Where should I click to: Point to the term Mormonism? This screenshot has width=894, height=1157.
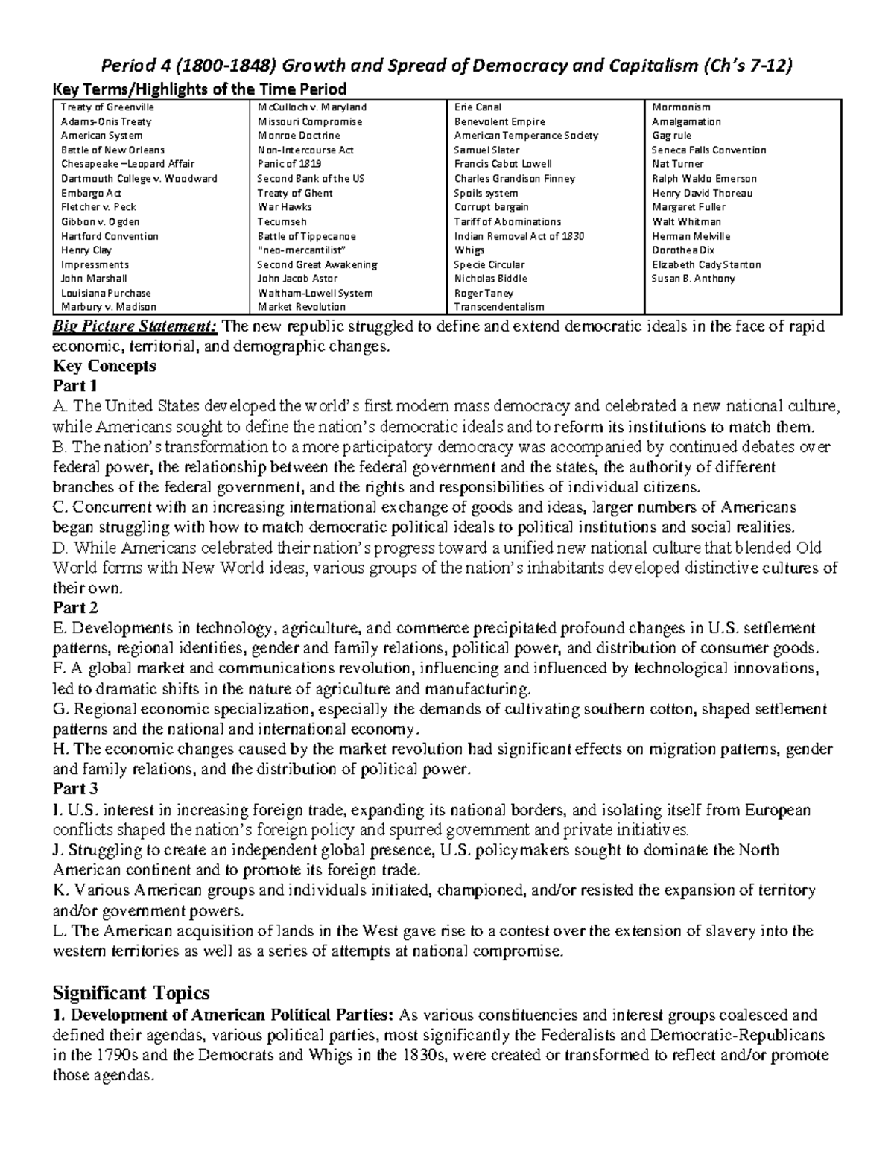click(681, 107)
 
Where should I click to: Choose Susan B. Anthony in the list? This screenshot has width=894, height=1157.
click(693, 279)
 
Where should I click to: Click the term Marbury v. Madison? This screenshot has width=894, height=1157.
click(109, 307)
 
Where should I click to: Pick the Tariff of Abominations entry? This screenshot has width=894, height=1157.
click(507, 221)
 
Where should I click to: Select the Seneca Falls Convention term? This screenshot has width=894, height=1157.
click(708, 150)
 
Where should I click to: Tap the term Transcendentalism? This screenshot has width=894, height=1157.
click(499, 307)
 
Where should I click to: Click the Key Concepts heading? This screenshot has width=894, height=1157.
click(104, 366)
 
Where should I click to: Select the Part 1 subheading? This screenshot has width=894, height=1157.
click(75, 386)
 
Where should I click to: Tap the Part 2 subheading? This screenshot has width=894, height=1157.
click(75, 608)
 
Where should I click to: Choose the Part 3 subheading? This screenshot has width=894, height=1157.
click(75, 789)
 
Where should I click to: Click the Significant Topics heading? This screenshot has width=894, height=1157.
click(131, 993)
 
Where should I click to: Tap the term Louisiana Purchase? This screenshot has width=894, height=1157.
click(106, 293)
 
